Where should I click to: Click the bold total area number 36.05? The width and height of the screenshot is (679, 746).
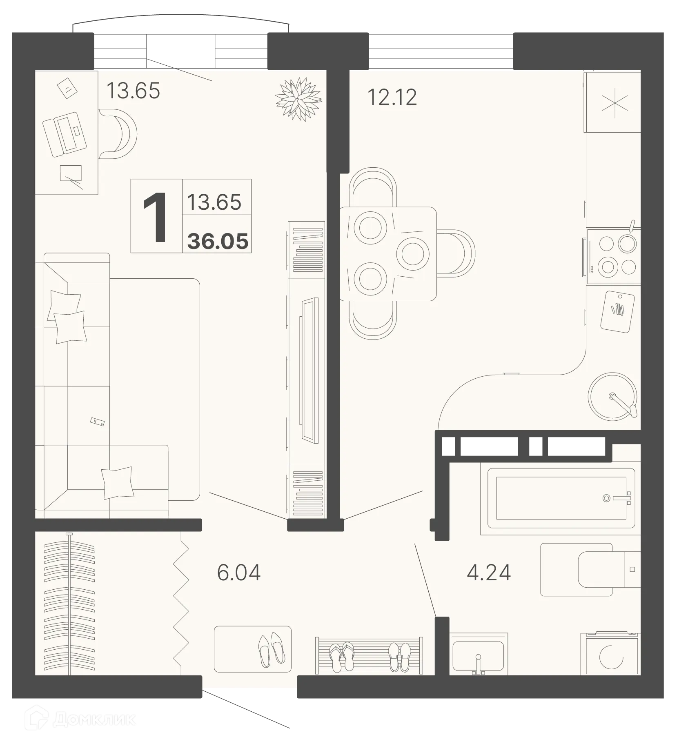pyautogui.click(x=218, y=242)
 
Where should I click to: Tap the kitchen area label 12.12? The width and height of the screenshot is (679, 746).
pyautogui.click(x=392, y=98)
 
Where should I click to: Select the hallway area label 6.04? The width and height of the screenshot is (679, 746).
pyautogui.click(x=238, y=572)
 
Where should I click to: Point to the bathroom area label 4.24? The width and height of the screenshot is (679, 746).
pyautogui.click(x=488, y=572)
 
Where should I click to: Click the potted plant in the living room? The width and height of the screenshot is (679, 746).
pyautogui.click(x=298, y=99)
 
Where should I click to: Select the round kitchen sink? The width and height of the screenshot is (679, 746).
pyautogui.click(x=612, y=396)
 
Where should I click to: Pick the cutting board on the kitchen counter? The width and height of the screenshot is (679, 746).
pyautogui.click(x=617, y=311)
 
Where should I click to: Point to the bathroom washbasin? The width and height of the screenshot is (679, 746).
pyautogui.click(x=478, y=656)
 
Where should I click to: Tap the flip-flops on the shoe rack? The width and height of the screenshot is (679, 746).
pyautogui.click(x=342, y=657)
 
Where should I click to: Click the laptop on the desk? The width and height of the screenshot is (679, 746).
pyautogui.click(x=65, y=134)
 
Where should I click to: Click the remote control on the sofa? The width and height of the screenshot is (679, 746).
pyautogui.click(x=98, y=422)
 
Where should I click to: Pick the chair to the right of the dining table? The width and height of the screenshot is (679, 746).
pyautogui.click(x=456, y=253)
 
